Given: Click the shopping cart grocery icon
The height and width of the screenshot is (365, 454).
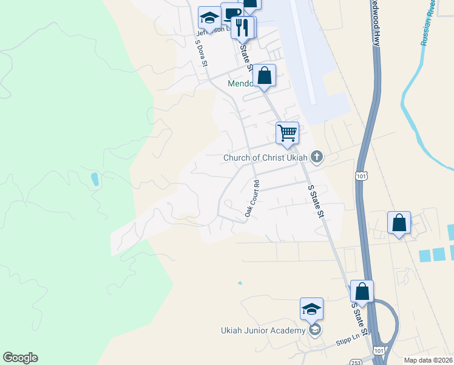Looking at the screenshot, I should pyautogui.click(x=287, y=132).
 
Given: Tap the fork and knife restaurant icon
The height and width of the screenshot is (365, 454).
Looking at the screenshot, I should pyautogui.click(x=243, y=27).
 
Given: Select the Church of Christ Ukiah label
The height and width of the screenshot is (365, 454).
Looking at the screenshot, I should pyautogui.click(x=266, y=158).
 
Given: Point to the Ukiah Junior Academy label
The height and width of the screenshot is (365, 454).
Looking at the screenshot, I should pyautogui.click(x=262, y=330).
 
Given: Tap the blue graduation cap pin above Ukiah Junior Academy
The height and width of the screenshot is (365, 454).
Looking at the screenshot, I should pyautogui.click(x=311, y=308).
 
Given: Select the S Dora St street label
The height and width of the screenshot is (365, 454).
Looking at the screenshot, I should pyautogui.click(x=202, y=53).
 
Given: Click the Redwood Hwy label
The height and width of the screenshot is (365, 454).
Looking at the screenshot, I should pyautogui.click(x=376, y=24).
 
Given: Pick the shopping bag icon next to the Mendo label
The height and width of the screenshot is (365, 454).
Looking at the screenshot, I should pyautogui.click(x=264, y=75).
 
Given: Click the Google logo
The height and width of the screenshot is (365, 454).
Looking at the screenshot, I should pyautogui.click(x=20, y=358).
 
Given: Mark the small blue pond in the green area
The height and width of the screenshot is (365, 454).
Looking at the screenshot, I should pyautogui.click(x=94, y=179).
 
